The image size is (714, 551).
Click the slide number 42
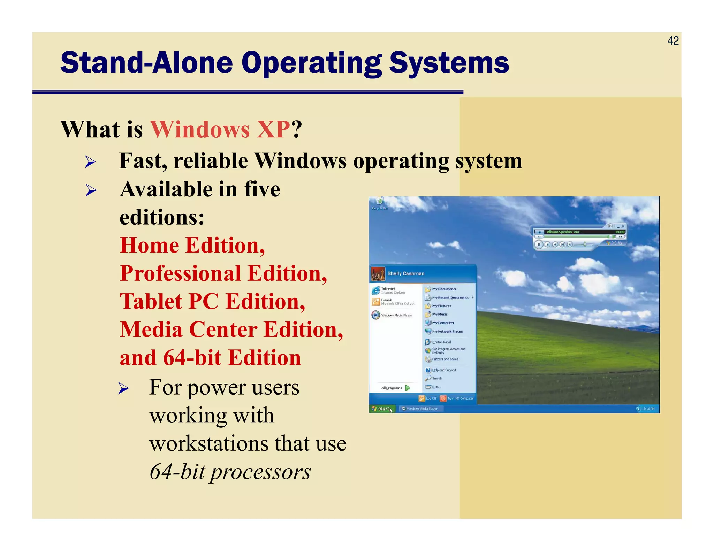673,41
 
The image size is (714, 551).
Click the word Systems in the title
449,63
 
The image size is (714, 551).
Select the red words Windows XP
220,129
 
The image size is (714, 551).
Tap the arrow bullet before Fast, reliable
90,162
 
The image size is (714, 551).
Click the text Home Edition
192,245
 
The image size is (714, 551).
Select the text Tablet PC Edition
212,301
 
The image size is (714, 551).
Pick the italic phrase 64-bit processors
230,472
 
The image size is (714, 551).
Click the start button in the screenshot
381,409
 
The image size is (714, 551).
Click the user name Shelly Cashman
406,274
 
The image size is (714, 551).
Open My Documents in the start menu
444,289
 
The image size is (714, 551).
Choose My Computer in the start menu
443,323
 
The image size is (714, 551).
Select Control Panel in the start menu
441,342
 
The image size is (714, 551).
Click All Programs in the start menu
392,388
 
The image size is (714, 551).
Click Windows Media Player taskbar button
421,409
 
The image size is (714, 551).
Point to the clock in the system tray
649,409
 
